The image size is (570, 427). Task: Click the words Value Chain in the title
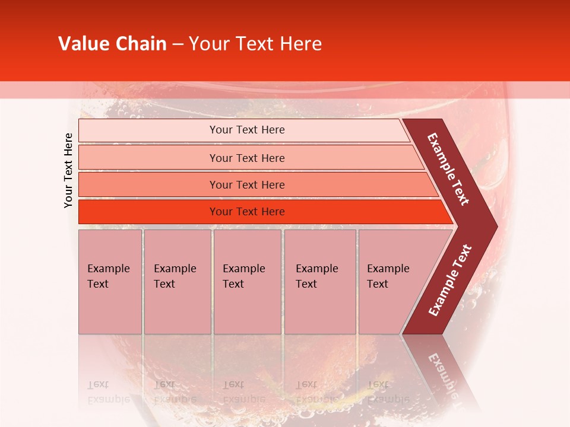point(112,44)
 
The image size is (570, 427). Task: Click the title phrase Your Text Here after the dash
point(255,44)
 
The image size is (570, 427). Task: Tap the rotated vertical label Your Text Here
point(68,170)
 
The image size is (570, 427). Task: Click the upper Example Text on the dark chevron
point(448,169)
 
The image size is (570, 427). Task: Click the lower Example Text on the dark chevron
point(450,281)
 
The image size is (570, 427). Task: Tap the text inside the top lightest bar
point(247,130)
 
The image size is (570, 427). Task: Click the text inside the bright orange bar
point(247,212)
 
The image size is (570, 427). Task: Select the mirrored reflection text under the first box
point(108,392)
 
